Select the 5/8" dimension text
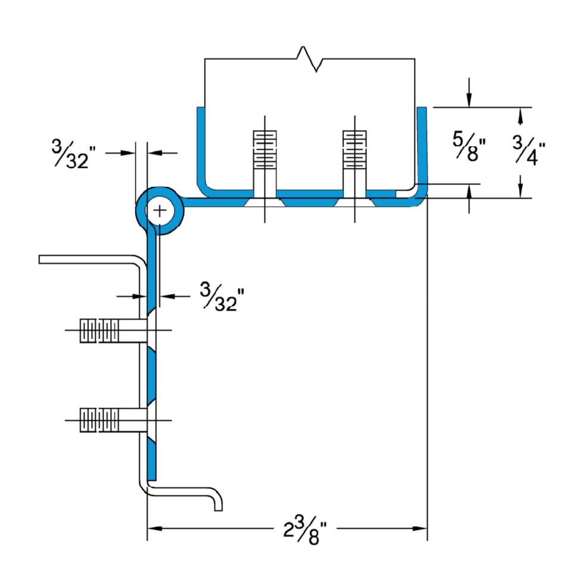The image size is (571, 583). pos(469,146)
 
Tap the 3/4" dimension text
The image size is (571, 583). pos(529,150)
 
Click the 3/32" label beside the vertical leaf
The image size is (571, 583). pos(222,296)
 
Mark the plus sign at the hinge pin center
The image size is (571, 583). pos(160,211)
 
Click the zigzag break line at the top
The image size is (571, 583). pos(310,59)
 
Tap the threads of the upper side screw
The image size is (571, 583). pos(99,330)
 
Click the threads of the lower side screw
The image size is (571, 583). pos(99,420)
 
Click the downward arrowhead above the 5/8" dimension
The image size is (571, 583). pos(469,100)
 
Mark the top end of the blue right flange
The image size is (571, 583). pos(422,108)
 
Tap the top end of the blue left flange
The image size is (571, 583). pos(201,108)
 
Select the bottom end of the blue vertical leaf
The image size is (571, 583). pos(152,479)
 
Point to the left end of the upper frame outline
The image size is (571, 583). pos(40,259)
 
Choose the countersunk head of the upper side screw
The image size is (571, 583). pos(152,330)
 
